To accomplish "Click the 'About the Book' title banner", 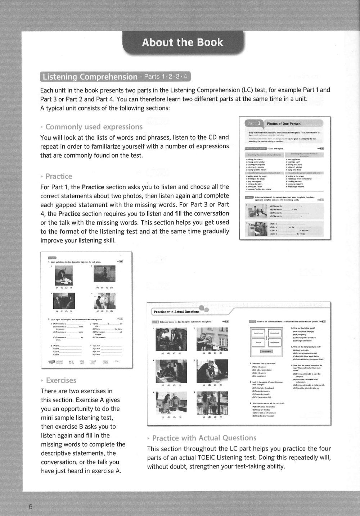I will [x=183, y=43].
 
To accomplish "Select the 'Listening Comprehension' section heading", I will [x=90, y=77].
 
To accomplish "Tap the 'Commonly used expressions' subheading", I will [x=94, y=127].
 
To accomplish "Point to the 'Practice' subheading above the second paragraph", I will [x=59, y=176].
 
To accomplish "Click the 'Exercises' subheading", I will [x=61, y=380].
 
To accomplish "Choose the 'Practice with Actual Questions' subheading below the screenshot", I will [x=204, y=438].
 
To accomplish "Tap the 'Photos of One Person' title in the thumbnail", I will [x=284, y=124].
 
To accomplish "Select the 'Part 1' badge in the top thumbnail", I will [x=255, y=123].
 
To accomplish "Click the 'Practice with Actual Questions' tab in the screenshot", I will [x=176, y=312].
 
